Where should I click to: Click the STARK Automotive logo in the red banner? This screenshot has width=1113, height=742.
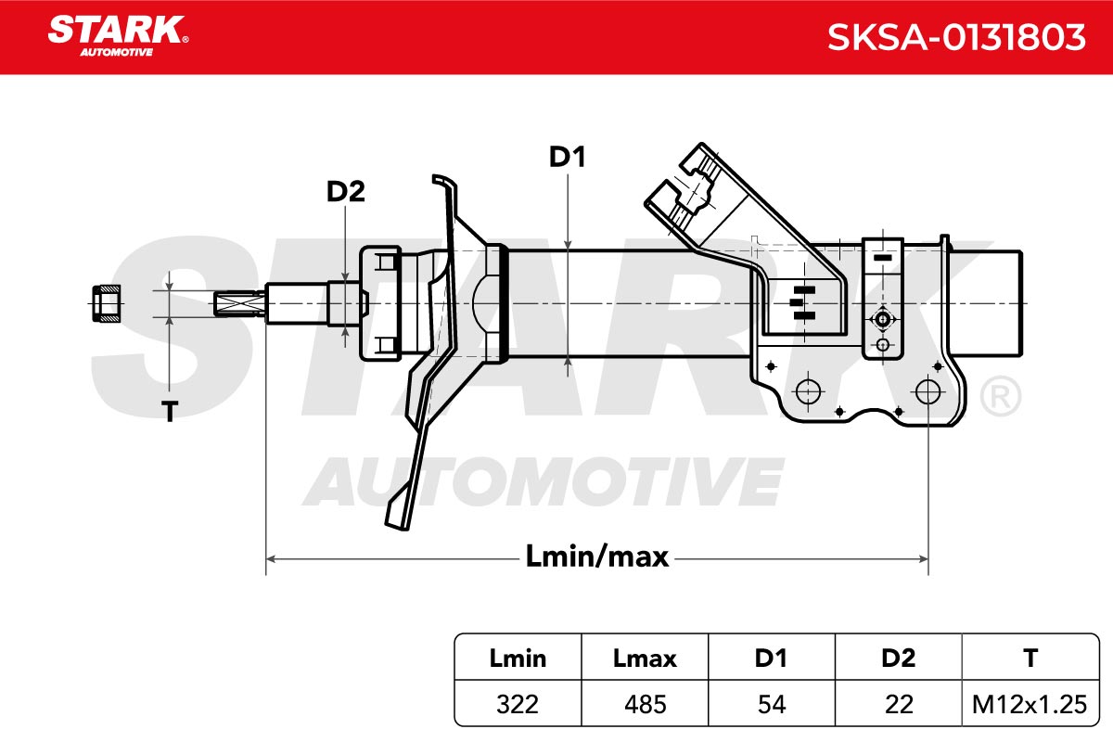click(x=118, y=36)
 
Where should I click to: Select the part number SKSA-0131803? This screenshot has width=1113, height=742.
click(x=956, y=37)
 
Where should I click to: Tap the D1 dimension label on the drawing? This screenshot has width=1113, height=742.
click(x=567, y=157)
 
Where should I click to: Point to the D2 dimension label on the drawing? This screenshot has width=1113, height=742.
click(x=345, y=191)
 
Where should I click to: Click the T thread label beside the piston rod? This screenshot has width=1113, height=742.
click(x=170, y=412)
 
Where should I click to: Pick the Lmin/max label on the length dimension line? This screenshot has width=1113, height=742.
click(x=596, y=556)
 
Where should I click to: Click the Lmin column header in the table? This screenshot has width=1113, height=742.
click(x=518, y=659)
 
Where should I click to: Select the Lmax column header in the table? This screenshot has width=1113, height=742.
click(x=645, y=659)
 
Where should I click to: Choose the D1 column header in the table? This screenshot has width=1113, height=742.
click(x=771, y=659)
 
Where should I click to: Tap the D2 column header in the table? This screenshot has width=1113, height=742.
click(x=899, y=659)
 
